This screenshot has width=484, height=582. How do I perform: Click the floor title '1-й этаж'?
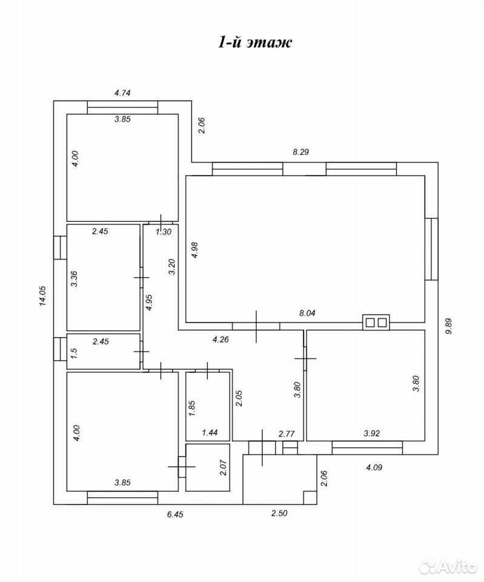point(254,42)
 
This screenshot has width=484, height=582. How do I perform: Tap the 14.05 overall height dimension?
point(42,295)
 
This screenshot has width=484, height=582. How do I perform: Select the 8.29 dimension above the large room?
point(301,152)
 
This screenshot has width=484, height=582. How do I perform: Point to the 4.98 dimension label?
point(194,250)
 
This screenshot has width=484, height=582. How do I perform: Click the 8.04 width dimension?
point(307,313)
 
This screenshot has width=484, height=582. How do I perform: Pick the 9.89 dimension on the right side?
point(449,326)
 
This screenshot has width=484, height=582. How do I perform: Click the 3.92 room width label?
point(371,433)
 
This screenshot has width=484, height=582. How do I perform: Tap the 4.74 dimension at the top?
point(122,93)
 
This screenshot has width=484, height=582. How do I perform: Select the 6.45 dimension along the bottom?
point(175,515)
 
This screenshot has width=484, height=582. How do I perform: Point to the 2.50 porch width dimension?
point(279,513)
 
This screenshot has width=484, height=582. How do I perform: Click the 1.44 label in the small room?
point(210,432)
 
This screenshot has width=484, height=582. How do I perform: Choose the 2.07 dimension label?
point(223,467)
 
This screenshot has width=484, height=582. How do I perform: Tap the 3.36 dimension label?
point(74,279)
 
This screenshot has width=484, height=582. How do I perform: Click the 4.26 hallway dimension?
point(220,339)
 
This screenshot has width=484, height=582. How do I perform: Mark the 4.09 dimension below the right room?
point(374,467)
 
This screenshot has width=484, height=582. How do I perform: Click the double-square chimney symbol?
point(376,322)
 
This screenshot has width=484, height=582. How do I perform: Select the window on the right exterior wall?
point(431,249)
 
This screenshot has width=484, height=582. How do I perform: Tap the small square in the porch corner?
point(310,497)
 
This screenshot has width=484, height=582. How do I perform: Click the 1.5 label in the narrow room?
point(74,352)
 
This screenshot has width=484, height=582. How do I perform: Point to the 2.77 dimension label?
point(287,434)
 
